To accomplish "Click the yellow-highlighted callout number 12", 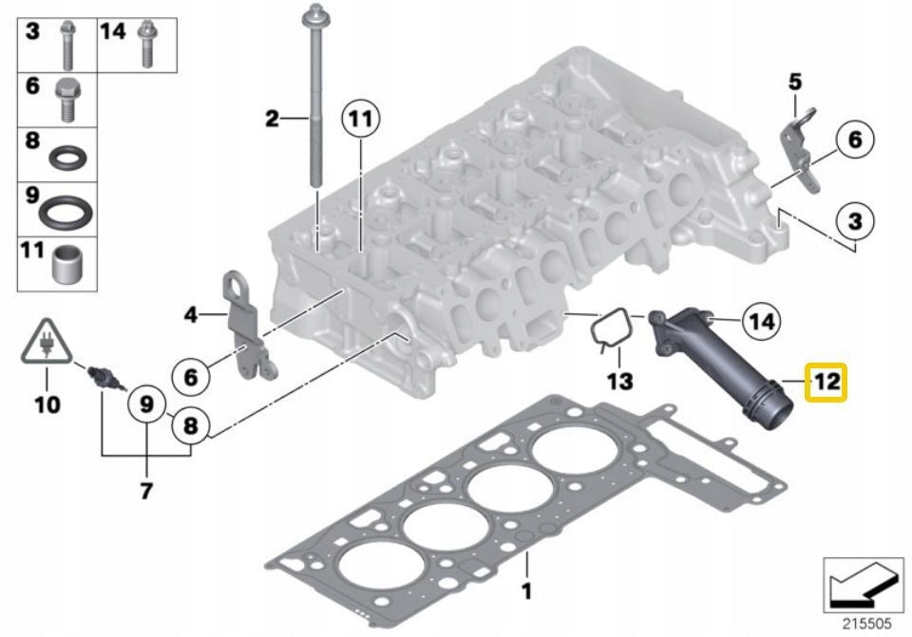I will pyautogui.click(x=826, y=383).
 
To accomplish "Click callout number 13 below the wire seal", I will pyautogui.click(x=619, y=382).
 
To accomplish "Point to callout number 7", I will pyautogui.click(x=145, y=491).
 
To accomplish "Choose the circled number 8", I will pyautogui.click(x=191, y=427).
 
